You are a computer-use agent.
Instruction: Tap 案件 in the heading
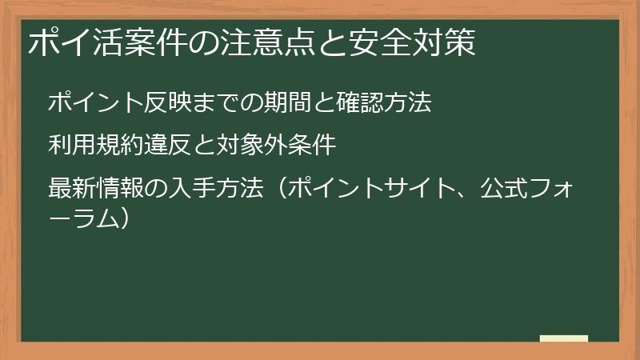point(156,42)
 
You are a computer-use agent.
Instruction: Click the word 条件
point(311,146)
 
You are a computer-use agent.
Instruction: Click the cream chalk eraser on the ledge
point(563,338)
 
